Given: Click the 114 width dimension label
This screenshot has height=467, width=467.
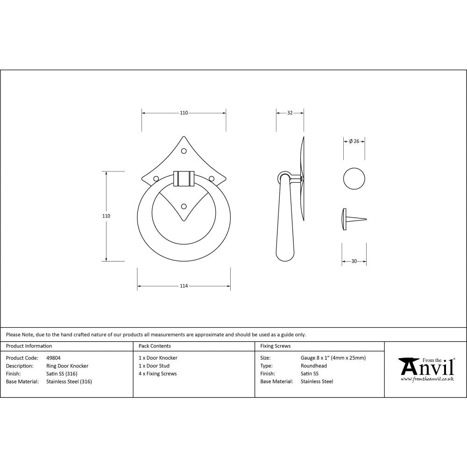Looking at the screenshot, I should coord(184,286).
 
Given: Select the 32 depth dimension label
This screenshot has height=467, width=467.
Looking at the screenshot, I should coord(290,113).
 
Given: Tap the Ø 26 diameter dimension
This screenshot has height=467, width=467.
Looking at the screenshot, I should coord(354,142).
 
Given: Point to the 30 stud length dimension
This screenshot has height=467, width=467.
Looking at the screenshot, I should coord(354,262).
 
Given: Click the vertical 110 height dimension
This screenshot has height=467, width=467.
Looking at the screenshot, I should coord(106,216).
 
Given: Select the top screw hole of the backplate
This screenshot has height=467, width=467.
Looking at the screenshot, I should coord(184,151).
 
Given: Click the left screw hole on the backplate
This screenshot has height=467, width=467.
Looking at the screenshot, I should coord(156,178).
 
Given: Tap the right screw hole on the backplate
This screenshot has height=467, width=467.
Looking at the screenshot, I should coord(211,178).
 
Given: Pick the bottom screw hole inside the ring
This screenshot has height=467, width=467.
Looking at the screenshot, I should coord(184,206).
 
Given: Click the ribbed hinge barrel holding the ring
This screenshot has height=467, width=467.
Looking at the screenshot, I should coord(184,178).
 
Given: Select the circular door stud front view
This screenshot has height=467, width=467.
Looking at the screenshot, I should coord(354,178).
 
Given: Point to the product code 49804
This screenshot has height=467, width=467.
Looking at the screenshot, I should coord(53,358).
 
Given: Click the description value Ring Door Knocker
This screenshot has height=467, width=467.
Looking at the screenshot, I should coord(67,366).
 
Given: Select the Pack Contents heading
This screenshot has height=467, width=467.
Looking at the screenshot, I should coord(155,346).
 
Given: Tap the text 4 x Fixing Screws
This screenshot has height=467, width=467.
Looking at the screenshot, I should coord(158,374).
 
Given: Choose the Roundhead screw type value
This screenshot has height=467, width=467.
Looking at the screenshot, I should coord(313,366).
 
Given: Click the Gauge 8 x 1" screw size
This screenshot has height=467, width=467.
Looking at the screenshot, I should coord(333,358).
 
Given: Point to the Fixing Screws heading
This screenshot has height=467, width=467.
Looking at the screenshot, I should coord(275,346).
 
